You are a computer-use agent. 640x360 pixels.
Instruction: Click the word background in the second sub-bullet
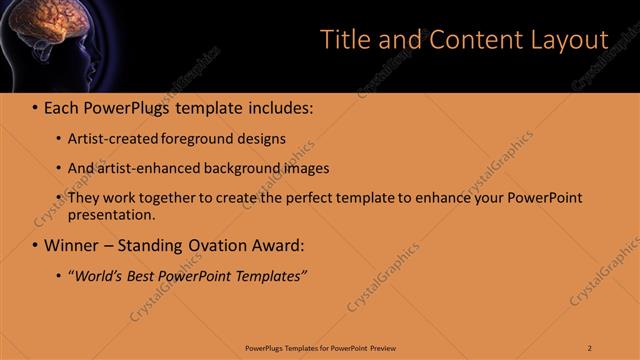pos(232,168)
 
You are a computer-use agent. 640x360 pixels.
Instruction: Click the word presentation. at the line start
pos(111,215)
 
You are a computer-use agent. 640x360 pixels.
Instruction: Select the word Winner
pos(72,245)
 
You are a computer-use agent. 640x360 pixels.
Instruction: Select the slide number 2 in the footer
pos(590,348)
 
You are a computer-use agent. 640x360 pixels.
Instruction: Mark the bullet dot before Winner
pos(34,245)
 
